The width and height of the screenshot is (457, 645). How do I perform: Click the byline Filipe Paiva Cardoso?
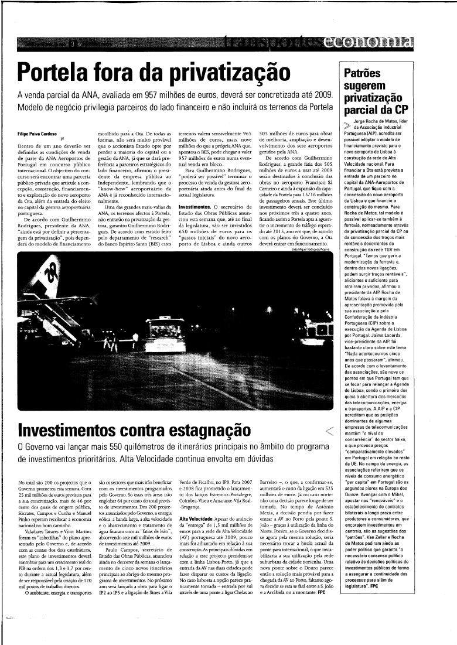(x=40, y=134)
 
